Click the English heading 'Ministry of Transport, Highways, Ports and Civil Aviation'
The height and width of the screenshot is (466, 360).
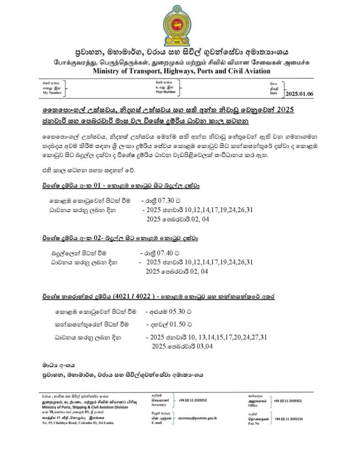181,71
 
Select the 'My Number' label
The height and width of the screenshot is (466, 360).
52,92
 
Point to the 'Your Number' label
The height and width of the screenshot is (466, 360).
166,92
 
